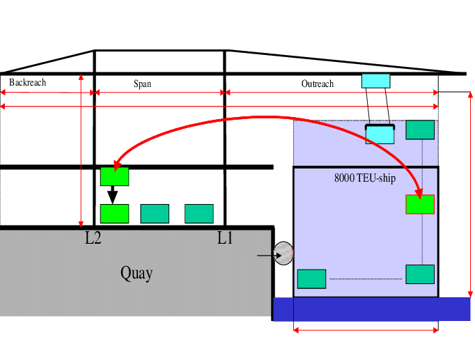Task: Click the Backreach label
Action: pyautogui.click(x=28, y=83)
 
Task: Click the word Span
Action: pyautogui.click(x=142, y=84)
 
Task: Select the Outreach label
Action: pyautogui.click(x=318, y=84)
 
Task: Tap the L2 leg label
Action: pyautogui.click(x=93, y=238)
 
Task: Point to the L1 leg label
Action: pyautogui.click(x=224, y=238)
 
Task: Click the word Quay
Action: pyautogui.click(x=137, y=273)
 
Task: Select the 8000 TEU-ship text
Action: pyautogui.click(x=365, y=179)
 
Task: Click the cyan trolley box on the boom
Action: pyautogui.click(x=375, y=81)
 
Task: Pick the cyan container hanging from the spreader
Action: pyautogui.click(x=380, y=134)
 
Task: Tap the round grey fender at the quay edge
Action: pyautogui.click(x=283, y=253)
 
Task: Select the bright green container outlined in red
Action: pyautogui.click(x=420, y=204)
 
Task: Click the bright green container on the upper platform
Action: pyautogui.click(x=114, y=176)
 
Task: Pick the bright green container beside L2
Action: pyautogui.click(x=114, y=213)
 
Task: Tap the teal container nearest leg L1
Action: pyautogui.click(x=198, y=213)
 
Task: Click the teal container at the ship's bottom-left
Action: pyautogui.click(x=311, y=279)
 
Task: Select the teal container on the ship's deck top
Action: pyautogui.click(x=420, y=130)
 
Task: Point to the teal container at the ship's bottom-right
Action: pyautogui.click(x=420, y=274)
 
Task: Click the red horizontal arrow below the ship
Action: pyautogui.click(x=366, y=330)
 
